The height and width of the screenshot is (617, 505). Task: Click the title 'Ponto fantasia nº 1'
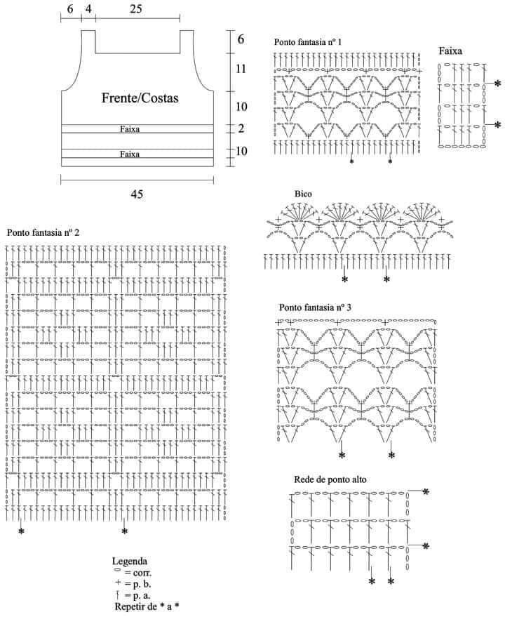[x=308, y=42]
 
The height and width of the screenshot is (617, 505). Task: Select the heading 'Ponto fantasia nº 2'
[x=43, y=232]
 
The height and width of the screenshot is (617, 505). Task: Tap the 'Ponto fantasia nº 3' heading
[x=315, y=307]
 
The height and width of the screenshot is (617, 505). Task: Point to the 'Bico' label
[x=303, y=194]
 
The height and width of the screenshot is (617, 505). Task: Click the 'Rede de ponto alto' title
[x=330, y=479]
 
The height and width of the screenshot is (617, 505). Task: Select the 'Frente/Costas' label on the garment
[x=140, y=98]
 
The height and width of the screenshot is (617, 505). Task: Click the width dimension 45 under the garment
[x=137, y=194]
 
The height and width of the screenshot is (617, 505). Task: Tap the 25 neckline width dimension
[x=135, y=8]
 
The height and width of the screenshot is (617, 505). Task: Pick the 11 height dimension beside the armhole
[x=241, y=69]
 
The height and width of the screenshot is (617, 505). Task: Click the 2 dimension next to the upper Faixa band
[x=241, y=128]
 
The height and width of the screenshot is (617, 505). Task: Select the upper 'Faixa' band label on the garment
[x=130, y=129]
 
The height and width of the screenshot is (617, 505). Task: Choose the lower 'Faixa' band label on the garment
[x=130, y=154]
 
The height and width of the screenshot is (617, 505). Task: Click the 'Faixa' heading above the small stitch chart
[x=450, y=51]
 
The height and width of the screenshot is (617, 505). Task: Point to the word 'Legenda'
[x=129, y=561]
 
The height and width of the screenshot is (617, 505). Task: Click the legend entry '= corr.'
[x=133, y=573]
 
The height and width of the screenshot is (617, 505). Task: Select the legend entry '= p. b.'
[x=133, y=583]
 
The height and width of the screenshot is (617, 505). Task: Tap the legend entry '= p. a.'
[x=133, y=595]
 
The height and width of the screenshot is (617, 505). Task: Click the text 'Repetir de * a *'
[x=147, y=606]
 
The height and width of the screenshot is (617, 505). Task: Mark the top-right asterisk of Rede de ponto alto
[x=426, y=491]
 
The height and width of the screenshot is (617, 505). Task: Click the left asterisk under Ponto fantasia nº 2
[x=21, y=531]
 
